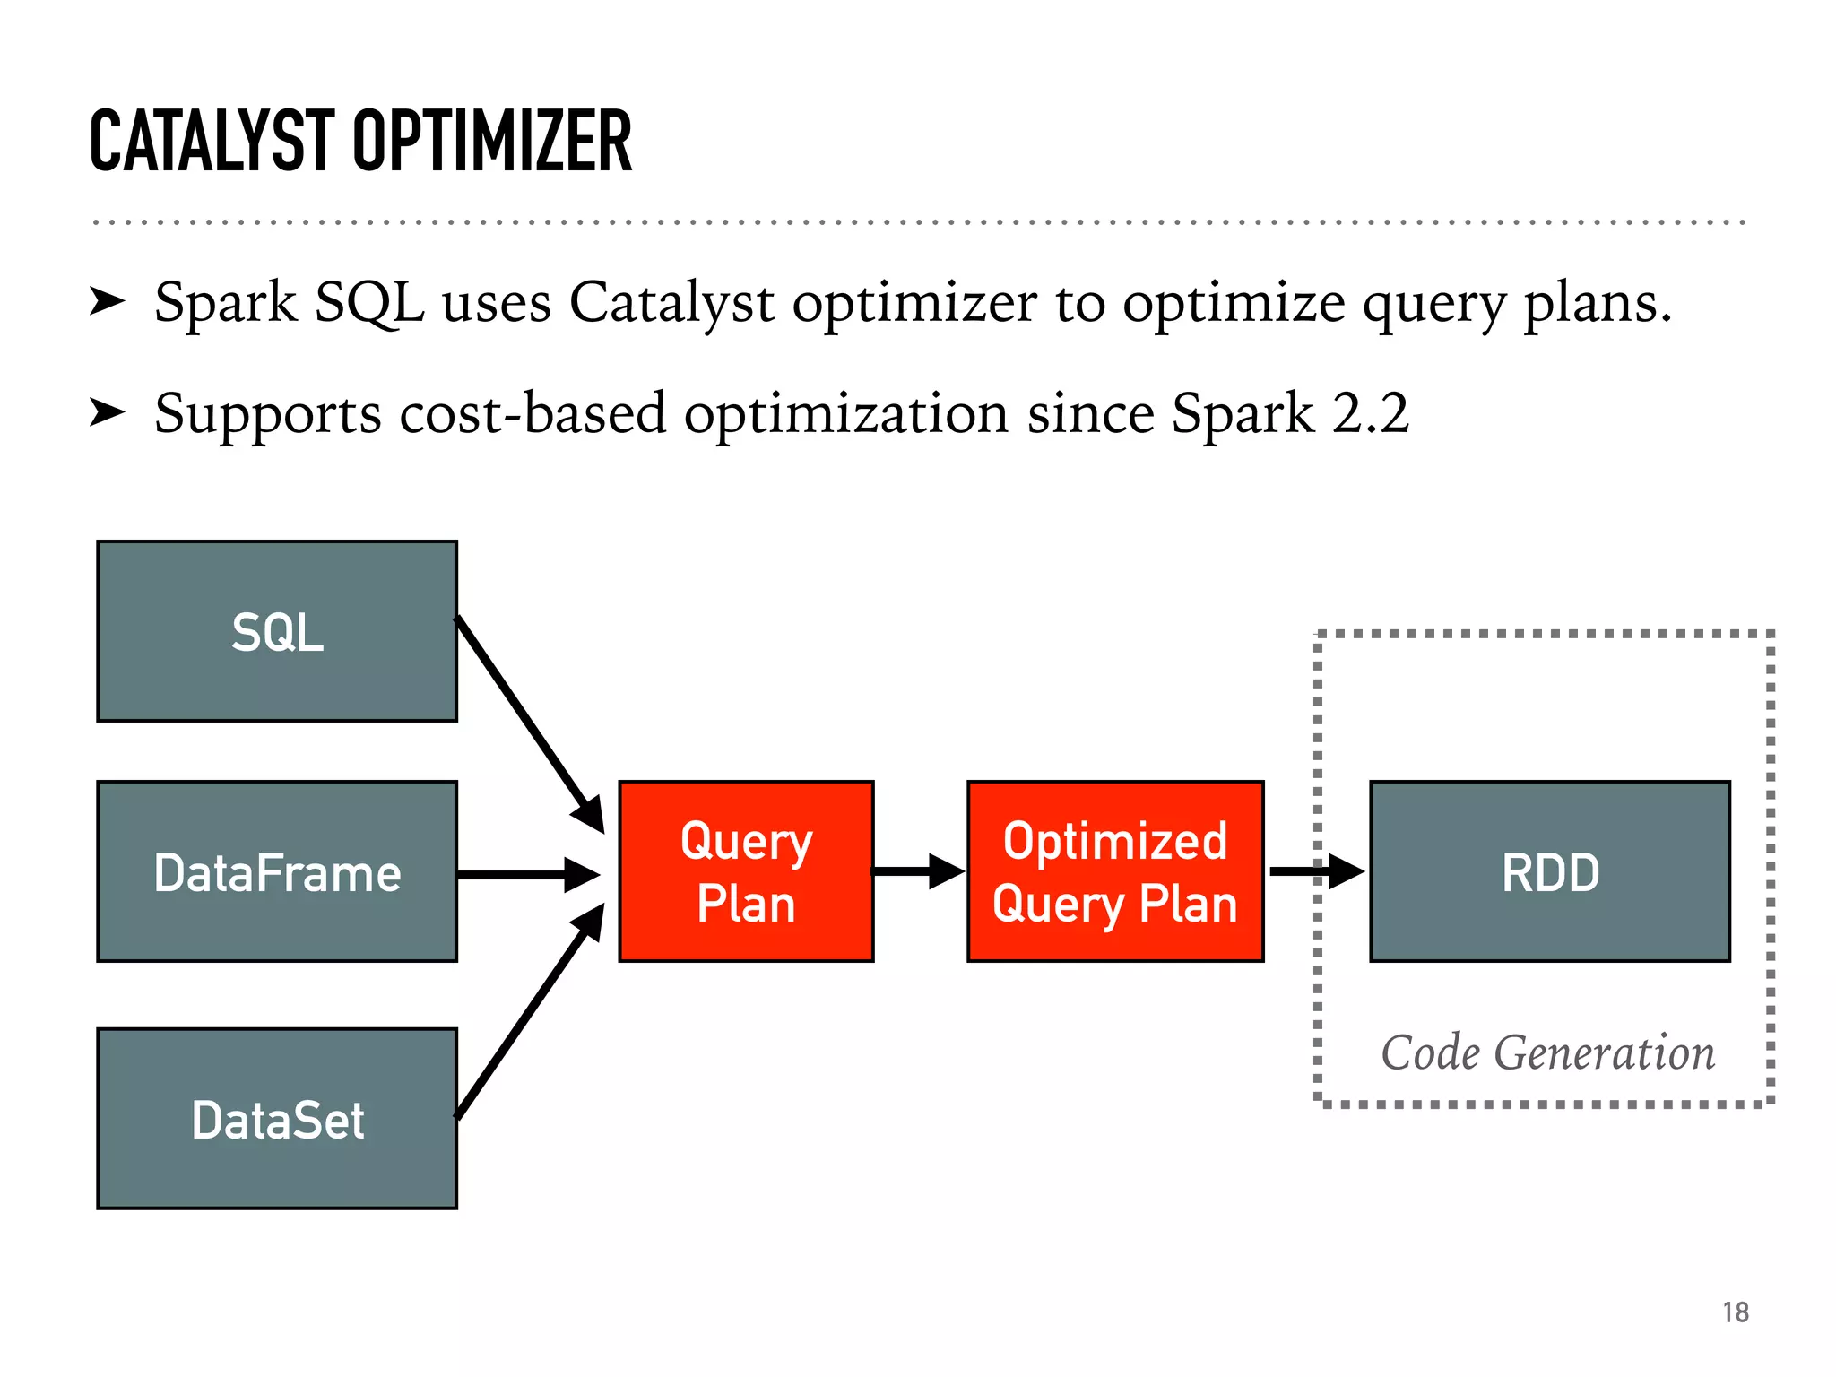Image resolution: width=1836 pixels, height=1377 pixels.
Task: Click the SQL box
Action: pos(277,631)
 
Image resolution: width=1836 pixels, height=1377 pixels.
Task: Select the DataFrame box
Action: pos(277,871)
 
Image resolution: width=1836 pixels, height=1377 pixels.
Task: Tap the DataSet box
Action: pos(277,1119)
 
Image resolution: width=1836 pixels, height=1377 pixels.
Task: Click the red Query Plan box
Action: pos(746,871)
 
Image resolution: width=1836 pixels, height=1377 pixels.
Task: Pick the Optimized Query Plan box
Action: pos(1115,871)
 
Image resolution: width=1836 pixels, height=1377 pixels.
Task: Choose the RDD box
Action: pos(1550,871)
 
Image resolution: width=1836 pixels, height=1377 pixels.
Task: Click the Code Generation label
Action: pos(1547,1052)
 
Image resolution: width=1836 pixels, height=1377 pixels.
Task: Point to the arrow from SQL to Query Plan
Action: pos(529,723)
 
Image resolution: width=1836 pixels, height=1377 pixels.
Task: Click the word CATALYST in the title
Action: pos(212,141)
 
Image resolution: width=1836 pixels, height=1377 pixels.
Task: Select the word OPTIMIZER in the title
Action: pos(492,141)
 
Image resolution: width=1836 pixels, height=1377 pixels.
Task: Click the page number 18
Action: pos(1736,1312)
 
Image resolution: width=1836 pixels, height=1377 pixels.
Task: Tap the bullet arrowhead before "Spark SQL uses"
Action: pos(108,302)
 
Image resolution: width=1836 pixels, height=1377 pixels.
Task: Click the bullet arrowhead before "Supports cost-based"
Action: pos(108,413)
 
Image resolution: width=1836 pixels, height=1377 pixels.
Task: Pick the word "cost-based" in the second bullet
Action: pos(533,413)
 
